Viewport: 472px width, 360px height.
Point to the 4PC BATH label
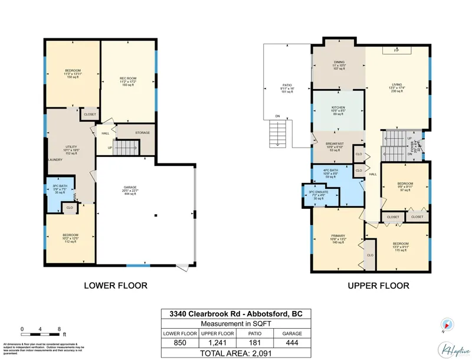click(x=330, y=172)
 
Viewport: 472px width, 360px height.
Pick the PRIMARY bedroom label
click(x=337, y=235)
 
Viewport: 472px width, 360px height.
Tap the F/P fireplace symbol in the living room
click(x=395, y=51)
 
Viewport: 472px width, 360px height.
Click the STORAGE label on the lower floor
click(x=142, y=132)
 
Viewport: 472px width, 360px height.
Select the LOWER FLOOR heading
click(x=116, y=286)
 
